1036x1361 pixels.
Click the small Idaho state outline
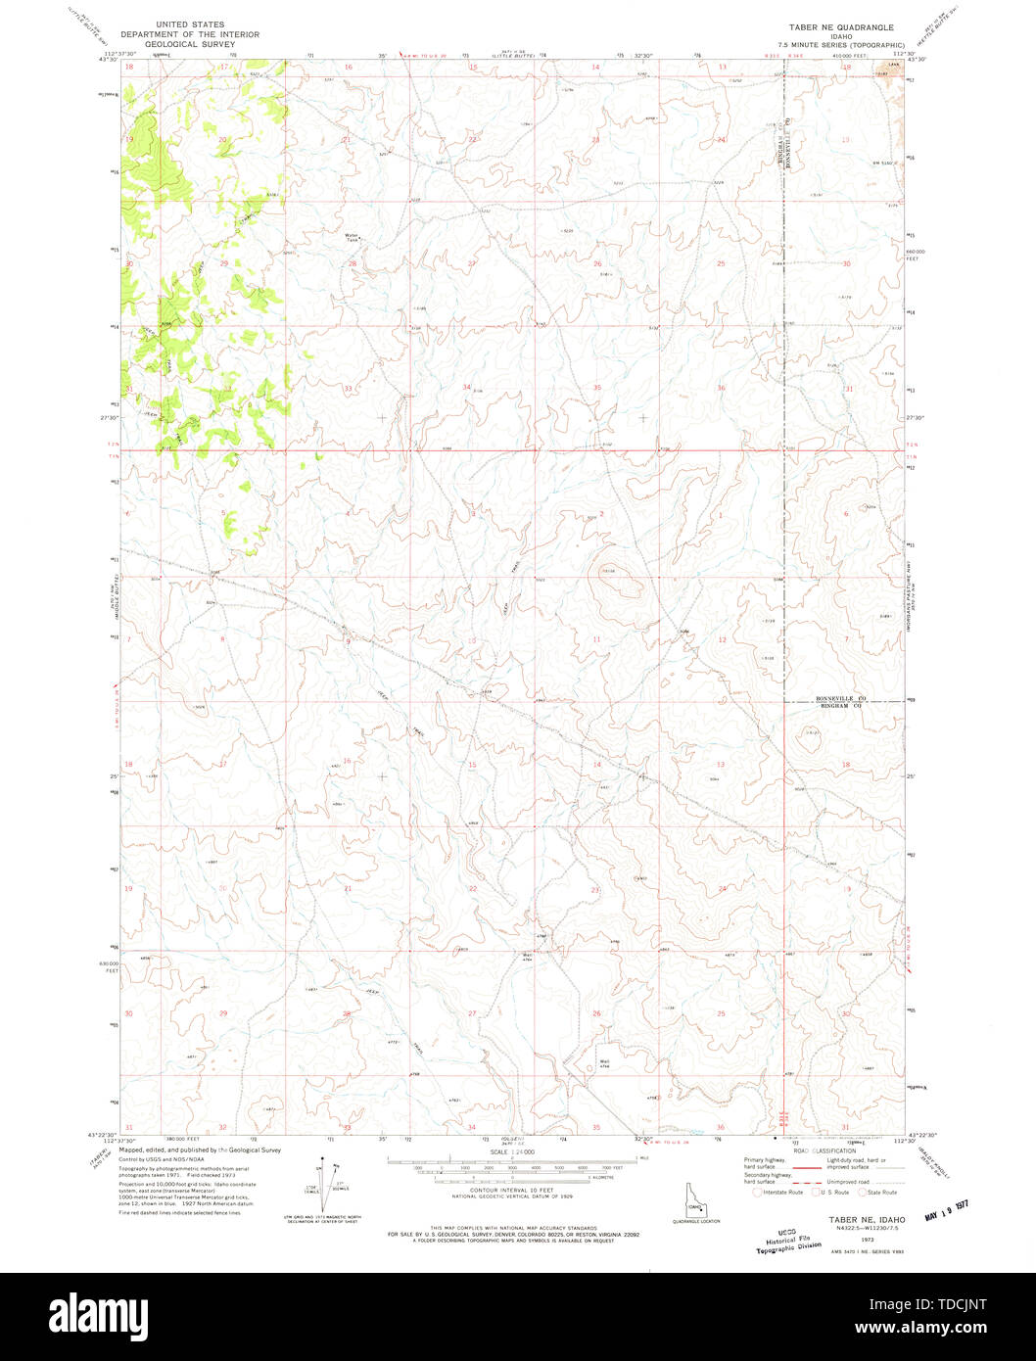point(695,1207)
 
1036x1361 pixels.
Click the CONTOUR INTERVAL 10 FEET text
point(499,1192)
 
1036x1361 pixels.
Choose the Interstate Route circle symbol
point(757,1192)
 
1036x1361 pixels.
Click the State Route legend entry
point(876,1192)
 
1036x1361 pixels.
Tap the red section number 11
point(595,639)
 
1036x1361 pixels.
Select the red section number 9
point(347,640)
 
